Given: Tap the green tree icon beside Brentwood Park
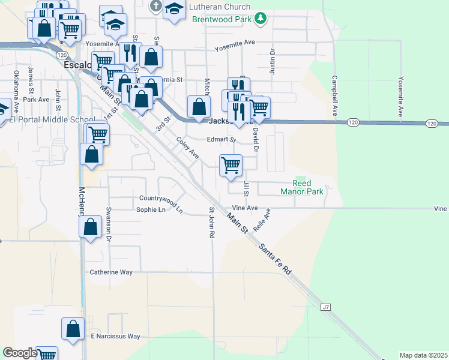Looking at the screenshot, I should (260, 19).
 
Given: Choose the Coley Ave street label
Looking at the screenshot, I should (187, 148).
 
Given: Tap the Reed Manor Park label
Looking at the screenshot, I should (302, 187).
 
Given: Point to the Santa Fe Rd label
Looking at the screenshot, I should (275, 259).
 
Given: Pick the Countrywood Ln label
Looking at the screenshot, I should (160, 198).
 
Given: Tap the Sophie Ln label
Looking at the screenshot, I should (151, 209).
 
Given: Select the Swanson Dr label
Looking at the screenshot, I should (109, 224).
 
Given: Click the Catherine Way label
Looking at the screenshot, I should (111, 272).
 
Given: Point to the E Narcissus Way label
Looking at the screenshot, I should (115, 336).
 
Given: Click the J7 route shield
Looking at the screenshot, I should (325, 307).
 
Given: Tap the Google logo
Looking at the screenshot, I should (20, 353).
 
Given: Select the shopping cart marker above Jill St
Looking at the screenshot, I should (231, 164).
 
